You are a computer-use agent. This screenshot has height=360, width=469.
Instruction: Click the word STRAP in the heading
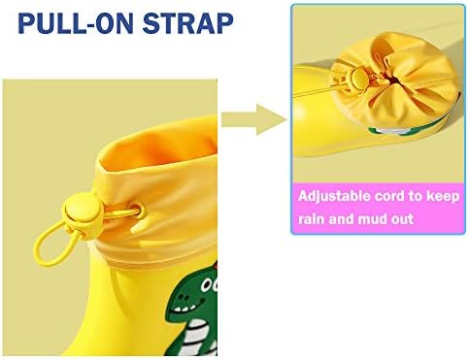[x=187, y=23]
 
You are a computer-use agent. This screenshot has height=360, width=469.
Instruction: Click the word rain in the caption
[x=314, y=218]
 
